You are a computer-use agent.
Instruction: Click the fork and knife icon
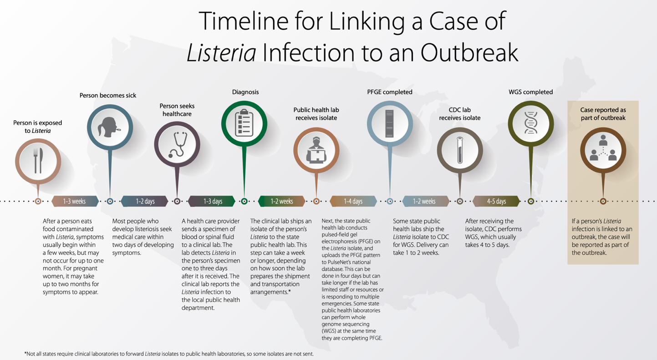38,161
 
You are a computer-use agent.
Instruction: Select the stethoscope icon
178,145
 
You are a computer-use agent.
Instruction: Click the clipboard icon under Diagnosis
244,123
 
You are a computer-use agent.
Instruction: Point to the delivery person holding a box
316,150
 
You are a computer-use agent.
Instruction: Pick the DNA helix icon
530,123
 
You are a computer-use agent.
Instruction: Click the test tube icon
459,150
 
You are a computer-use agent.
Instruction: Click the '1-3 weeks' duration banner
75,202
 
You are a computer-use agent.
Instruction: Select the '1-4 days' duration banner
353,202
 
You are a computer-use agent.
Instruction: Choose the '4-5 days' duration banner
496,202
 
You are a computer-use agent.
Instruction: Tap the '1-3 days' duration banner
212,202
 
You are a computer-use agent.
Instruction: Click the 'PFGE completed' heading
389,92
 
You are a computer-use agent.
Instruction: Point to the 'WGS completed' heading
530,92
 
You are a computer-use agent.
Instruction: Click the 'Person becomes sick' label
107,96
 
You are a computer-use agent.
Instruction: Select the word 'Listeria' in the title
221,53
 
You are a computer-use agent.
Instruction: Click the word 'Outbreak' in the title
469,53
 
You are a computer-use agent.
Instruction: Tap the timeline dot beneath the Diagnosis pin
244,202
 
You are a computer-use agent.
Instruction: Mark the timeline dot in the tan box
603,202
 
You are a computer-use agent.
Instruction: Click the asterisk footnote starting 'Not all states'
169,354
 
